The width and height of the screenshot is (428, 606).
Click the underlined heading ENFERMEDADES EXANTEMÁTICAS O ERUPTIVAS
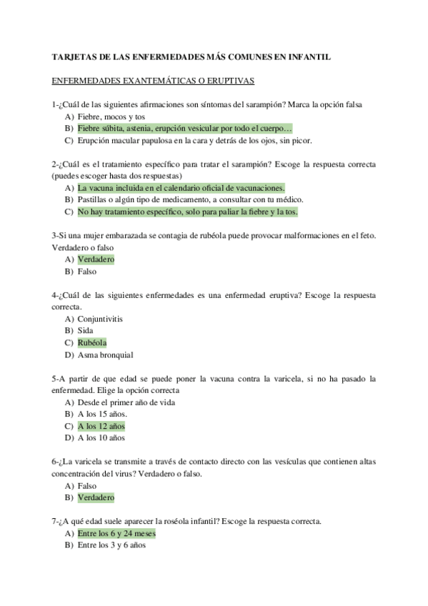(x=153, y=81)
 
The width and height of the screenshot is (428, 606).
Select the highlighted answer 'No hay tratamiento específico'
(x=187, y=212)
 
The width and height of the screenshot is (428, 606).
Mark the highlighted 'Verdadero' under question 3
(x=96, y=259)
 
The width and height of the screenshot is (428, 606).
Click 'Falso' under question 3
(x=87, y=272)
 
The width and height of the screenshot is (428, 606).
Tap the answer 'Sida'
(x=86, y=331)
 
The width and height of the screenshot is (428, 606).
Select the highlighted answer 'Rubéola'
(x=94, y=342)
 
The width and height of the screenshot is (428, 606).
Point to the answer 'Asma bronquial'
(x=106, y=354)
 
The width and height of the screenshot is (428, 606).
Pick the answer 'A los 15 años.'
(x=102, y=414)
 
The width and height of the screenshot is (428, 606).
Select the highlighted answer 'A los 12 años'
(x=101, y=426)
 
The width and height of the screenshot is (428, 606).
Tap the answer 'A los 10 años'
(x=101, y=438)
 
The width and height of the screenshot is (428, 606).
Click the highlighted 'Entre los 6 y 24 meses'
(x=116, y=533)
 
